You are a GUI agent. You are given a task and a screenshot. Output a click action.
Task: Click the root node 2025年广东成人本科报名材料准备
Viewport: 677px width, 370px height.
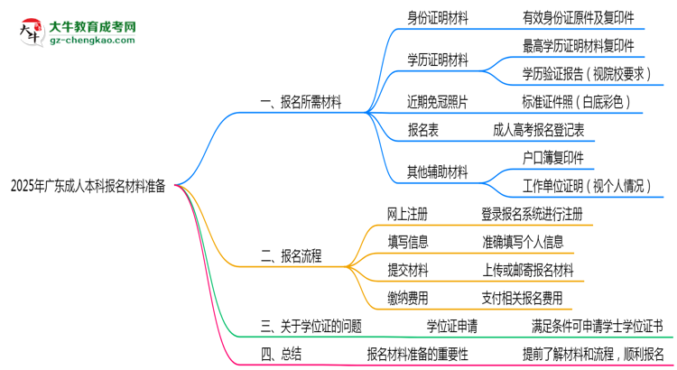click(88, 187)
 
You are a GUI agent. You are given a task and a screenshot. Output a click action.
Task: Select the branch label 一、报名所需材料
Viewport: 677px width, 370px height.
click(301, 103)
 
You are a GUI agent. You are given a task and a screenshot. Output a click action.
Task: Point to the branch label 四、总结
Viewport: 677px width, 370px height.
click(279, 354)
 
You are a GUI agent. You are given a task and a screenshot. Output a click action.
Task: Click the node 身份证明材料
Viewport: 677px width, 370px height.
click(438, 17)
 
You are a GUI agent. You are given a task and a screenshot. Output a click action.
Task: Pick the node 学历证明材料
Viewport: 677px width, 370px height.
click(438, 60)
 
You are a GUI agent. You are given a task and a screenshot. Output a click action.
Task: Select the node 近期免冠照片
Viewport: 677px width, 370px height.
click(438, 102)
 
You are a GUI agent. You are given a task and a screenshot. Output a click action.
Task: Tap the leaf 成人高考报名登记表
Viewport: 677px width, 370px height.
click(539, 130)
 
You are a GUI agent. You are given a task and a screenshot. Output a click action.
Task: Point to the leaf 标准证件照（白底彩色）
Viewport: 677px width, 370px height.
click(576, 102)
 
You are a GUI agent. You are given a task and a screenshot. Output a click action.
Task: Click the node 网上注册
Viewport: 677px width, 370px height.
click(407, 214)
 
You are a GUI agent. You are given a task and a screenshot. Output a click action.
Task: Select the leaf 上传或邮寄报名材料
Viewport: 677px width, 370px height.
click(528, 270)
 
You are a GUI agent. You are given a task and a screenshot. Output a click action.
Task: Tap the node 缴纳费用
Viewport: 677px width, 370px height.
click(407, 297)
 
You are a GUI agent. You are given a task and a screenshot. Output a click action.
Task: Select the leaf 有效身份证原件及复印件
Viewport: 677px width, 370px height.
click(578, 17)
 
